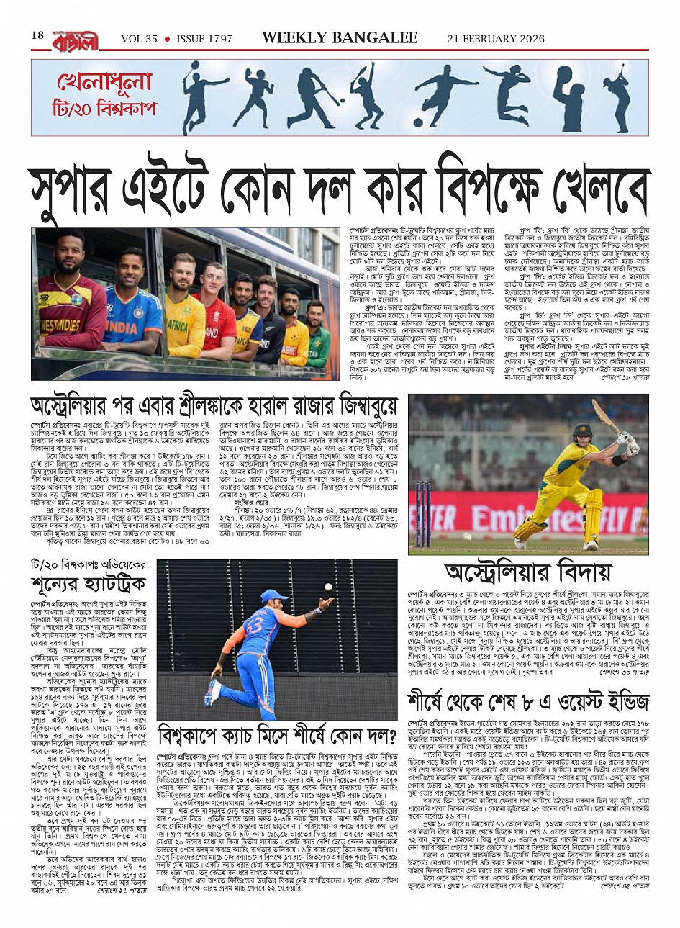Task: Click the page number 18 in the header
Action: click(37, 35)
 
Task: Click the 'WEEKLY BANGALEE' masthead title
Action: click(340, 38)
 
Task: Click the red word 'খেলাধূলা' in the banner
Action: click(105, 83)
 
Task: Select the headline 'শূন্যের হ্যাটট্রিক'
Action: click(89, 582)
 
